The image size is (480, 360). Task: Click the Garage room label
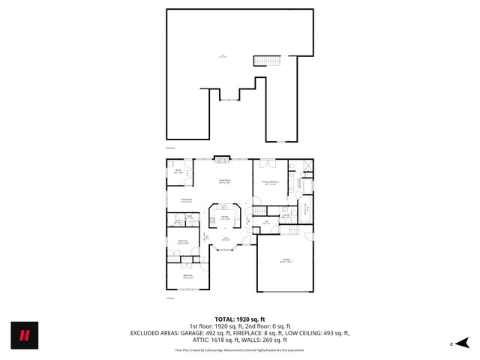286,260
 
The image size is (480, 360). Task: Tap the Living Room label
224,181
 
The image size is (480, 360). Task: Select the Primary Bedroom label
271,183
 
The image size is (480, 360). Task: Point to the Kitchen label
224,217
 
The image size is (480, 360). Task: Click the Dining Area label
186,199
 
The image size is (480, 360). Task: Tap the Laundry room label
286,215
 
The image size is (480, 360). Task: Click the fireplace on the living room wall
220,158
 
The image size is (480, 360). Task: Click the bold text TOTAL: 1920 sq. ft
239,319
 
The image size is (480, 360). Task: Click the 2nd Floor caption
170,148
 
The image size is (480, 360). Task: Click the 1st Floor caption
170,298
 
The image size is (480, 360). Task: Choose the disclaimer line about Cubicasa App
239,349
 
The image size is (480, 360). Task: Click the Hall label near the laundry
266,222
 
